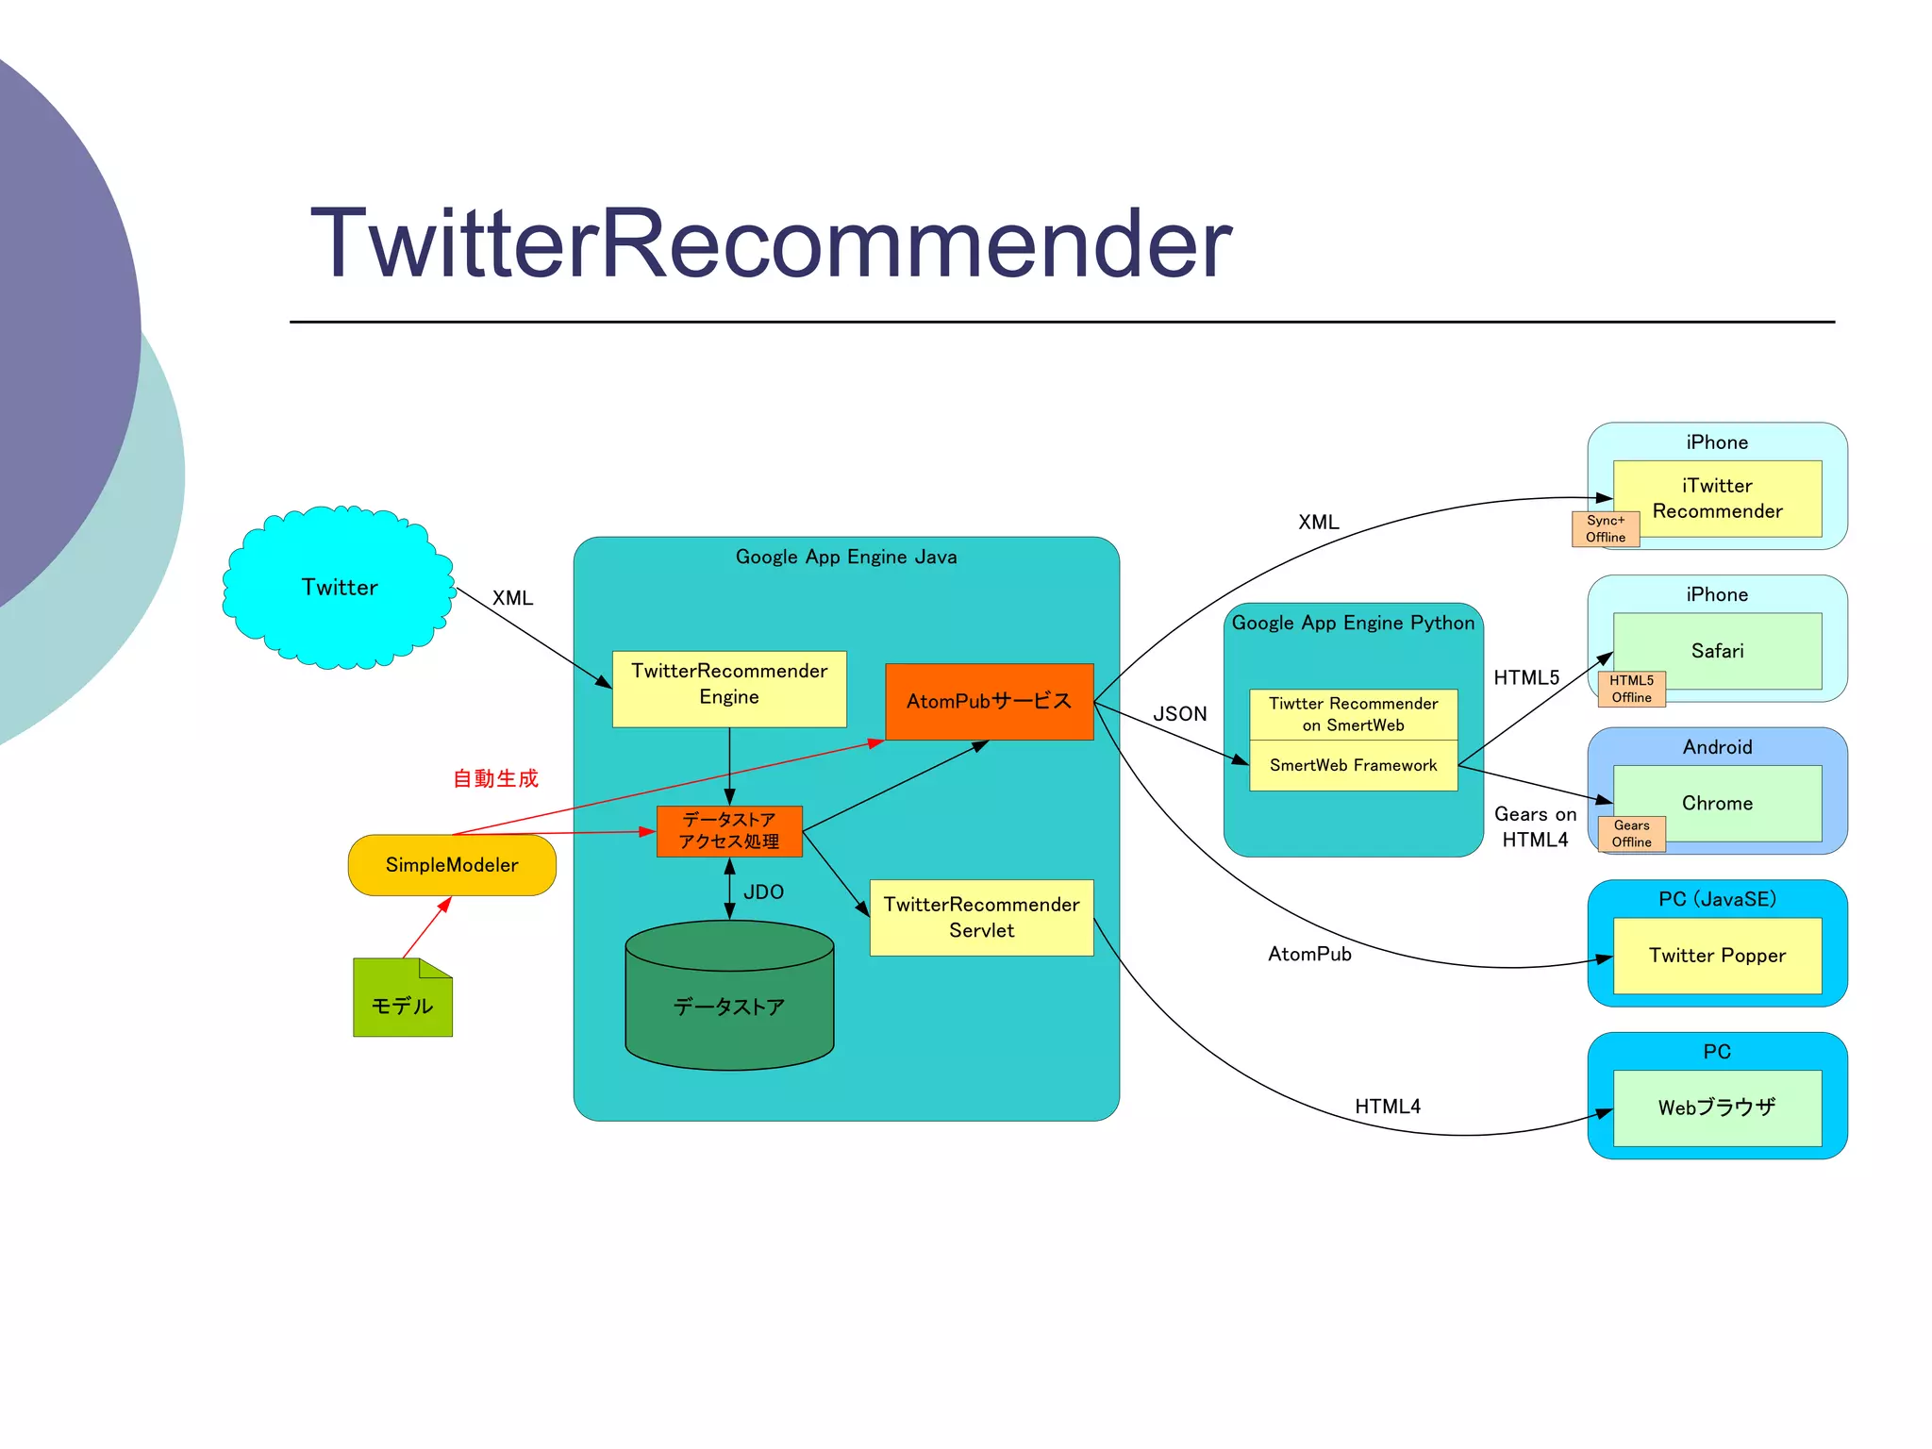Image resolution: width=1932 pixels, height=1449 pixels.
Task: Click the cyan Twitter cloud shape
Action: [x=339, y=587]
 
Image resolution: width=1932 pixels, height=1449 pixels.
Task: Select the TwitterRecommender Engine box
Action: [x=728, y=688]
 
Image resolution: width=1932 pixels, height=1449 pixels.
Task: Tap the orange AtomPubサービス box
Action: [x=989, y=701]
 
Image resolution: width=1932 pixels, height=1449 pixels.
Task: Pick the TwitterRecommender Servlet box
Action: [x=981, y=917]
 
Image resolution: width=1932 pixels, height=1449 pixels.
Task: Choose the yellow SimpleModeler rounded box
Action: [x=452, y=864]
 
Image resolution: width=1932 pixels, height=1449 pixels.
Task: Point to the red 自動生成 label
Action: [x=495, y=778]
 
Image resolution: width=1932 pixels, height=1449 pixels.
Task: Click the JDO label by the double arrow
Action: [x=763, y=891]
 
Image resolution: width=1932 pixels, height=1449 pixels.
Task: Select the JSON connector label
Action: [x=1179, y=713]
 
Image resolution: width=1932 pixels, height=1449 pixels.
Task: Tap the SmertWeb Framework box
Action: [x=1353, y=765]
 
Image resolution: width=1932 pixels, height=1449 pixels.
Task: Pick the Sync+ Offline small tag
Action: [x=1605, y=529]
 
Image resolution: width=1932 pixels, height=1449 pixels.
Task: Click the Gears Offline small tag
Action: [x=1631, y=834]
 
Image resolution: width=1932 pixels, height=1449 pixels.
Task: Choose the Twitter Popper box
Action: [x=1717, y=955]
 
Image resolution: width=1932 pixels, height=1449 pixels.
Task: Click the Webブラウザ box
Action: [x=1717, y=1108]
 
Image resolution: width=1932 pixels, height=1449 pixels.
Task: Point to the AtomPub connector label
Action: [x=1309, y=954]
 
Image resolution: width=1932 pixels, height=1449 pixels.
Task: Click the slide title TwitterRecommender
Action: [x=771, y=243]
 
